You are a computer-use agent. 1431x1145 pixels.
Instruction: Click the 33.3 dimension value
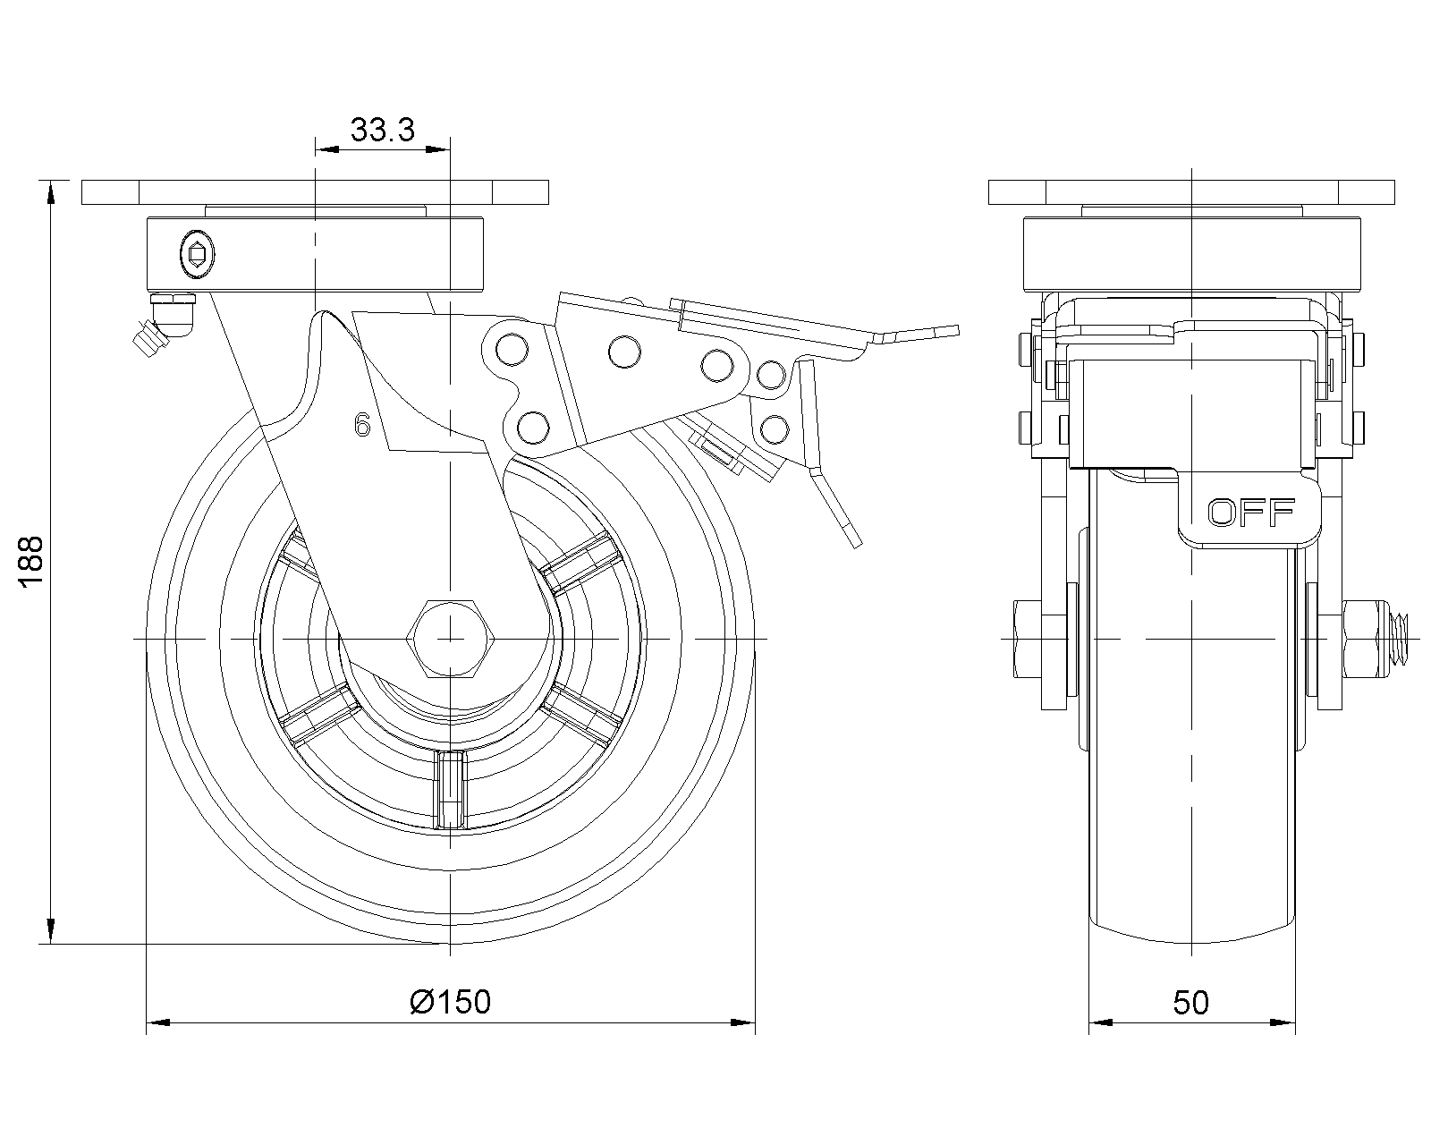point(383,131)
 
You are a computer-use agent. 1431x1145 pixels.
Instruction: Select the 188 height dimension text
point(30,562)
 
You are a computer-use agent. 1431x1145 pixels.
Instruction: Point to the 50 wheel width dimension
point(1191,1003)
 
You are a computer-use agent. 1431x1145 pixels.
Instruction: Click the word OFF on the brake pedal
point(1251,513)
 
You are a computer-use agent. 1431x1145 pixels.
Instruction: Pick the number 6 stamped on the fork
point(362,426)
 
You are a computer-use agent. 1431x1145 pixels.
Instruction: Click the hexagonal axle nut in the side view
point(450,639)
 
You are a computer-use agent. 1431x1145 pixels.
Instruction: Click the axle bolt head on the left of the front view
point(1025,639)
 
